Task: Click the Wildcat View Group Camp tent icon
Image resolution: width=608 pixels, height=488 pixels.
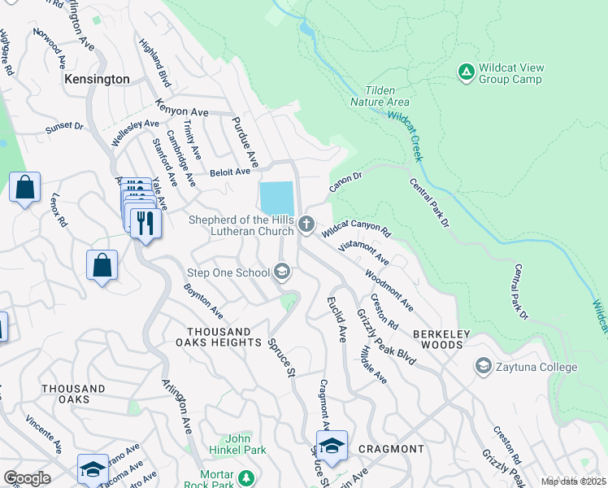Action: [x=467, y=73]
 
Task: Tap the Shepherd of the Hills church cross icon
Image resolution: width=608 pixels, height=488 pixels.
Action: [x=306, y=224]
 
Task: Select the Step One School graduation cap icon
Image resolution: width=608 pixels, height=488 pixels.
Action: [x=282, y=272]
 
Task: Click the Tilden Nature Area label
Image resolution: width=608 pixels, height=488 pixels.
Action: [x=380, y=96]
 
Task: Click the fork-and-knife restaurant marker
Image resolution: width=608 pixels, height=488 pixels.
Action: [x=145, y=222]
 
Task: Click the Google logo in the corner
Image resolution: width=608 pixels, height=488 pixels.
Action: [x=27, y=477]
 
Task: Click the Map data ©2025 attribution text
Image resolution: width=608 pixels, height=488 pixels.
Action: [x=572, y=481]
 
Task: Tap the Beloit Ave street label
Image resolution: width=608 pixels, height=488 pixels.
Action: [x=230, y=172]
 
